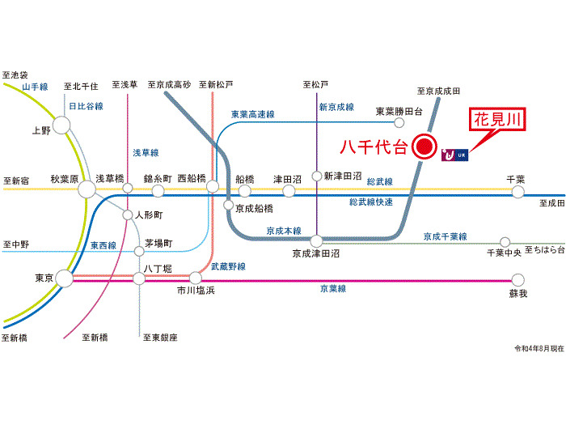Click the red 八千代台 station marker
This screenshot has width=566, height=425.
(424, 147)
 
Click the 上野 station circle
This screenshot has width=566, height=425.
(61, 124)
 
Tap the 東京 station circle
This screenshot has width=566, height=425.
(65, 278)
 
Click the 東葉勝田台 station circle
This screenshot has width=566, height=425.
(399, 123)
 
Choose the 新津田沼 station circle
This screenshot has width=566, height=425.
(317, 175)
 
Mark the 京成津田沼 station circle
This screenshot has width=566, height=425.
(316, 240)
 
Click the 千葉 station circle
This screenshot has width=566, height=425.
(517, 190)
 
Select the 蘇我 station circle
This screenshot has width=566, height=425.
(517, 280)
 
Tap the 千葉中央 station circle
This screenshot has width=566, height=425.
(505, 241)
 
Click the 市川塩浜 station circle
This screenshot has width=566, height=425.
(195, 278)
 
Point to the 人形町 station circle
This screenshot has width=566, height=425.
(127, 215)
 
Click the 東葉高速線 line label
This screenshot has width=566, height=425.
(252, 114)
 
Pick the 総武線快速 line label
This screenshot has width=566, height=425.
(371, 202)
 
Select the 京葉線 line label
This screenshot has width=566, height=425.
(332, 288)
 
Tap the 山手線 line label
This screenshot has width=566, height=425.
(36, 87)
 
